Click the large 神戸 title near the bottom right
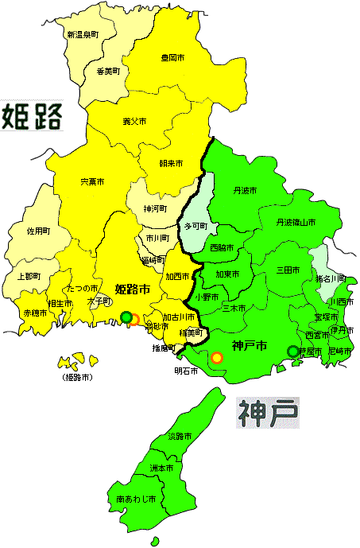[x=268, y=412]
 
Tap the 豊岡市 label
[x=172, y=59]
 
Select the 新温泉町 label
[x=82, y=35]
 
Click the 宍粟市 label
[x=92, y=182]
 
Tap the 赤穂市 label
[x=35, y=314]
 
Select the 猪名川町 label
[x=331, y=278]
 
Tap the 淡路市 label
[x=180, y=437]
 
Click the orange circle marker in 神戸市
[x=216, y=358]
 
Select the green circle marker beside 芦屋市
[x=293, y=351]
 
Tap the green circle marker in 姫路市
[x=126, y=318]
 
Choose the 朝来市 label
[x=171, y=163]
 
